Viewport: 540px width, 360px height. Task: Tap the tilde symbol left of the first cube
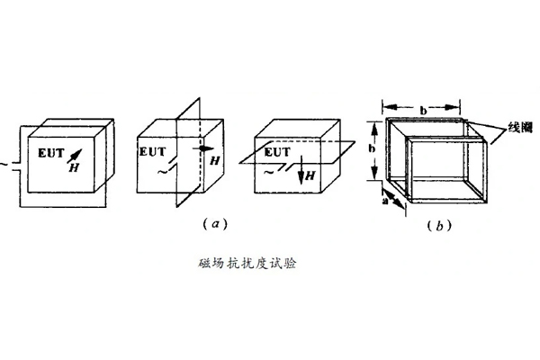point(4,164)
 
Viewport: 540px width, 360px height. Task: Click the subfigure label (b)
point(438,227)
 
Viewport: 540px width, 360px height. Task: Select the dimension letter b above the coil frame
point(423,108)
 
